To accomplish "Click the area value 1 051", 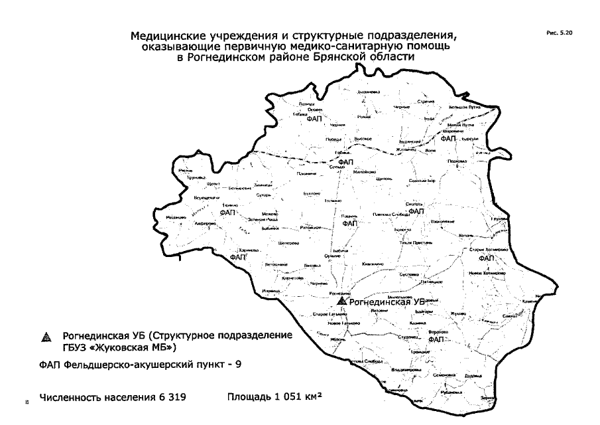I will tap(284, 398).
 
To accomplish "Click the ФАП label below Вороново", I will tap(436, 339).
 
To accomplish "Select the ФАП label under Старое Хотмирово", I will tap(487, 258).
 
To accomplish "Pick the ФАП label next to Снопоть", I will tap(416, 211).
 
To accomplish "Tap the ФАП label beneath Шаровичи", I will tap(448, 139).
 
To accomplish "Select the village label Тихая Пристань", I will tap(416, 244).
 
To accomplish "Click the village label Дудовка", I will tap(472, 376).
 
